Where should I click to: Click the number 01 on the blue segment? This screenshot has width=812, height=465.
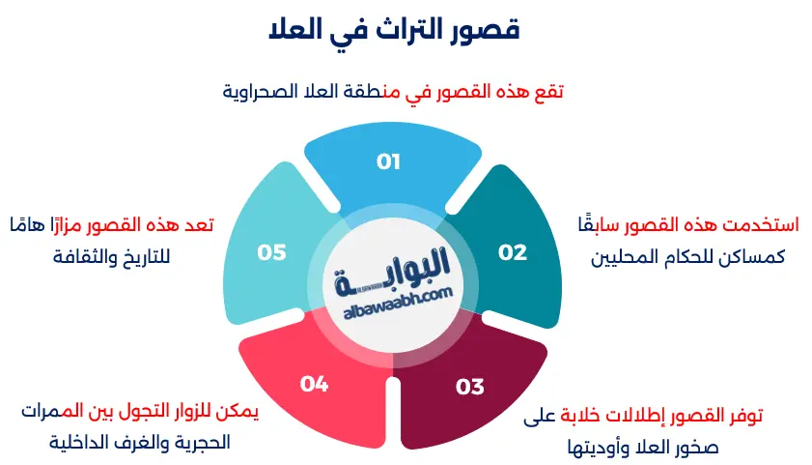point(388,162)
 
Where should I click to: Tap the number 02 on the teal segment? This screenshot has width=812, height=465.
point(513,252)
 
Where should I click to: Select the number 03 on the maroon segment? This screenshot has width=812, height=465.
point(469,388)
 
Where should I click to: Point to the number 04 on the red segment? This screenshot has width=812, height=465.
point(314,384)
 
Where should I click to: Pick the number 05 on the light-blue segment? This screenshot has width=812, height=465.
point(272,252)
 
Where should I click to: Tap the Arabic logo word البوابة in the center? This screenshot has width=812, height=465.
point(398,265)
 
